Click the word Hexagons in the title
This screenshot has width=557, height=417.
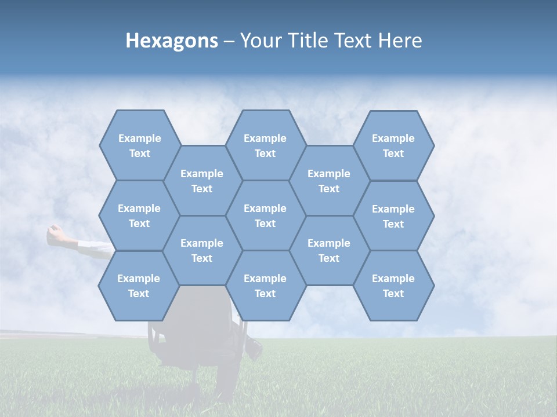point(172,41)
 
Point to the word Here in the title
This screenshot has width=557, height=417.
point(400,41)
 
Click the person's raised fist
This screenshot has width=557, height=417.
point(55,233)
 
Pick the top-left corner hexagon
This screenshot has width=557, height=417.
point(139,145)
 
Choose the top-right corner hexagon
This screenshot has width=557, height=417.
point(393,145)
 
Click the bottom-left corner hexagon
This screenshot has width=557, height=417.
point(139,286)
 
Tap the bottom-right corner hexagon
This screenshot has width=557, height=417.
point(393,286)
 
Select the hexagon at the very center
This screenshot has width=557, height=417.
point(265,215)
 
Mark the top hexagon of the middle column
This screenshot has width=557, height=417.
point(265,145)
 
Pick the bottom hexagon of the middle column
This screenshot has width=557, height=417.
point(265,286)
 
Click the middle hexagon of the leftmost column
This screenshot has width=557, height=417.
point(139,215)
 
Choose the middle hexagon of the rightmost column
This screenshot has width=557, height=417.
point(393,216)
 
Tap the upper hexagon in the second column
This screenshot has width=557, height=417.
point(202,181)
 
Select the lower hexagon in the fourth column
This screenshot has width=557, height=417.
point(329,250)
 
